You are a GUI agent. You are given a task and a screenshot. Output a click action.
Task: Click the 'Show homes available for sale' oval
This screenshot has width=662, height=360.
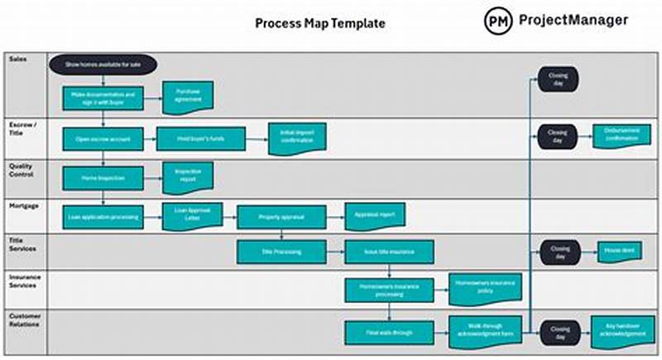click(x=103, y=64)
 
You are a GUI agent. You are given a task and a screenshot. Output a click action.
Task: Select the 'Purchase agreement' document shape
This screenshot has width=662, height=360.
click(x=188, y=97)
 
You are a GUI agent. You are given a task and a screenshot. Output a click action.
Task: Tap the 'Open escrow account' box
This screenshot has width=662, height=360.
click(x=103, y=138)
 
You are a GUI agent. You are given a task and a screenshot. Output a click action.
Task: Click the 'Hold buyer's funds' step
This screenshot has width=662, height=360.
click(x=201, y=138)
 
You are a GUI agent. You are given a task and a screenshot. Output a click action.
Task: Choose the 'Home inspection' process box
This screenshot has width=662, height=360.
click(x=103, y=177)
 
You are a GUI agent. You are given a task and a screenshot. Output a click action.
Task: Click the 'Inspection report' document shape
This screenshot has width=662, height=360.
click(x=188, y=176)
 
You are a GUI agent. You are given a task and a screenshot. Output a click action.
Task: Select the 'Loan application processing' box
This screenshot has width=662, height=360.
click(x=103, y=217)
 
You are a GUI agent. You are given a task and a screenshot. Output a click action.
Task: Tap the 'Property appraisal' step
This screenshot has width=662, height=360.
click(x=282, y=217)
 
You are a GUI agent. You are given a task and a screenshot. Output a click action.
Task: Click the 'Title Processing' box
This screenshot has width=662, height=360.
click(x=282, y=251)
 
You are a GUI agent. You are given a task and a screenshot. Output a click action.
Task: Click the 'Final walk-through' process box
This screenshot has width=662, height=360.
click(x=390, y=332)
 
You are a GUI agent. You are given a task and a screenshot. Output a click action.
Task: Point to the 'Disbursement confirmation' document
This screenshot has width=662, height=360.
click(x=621, y=136)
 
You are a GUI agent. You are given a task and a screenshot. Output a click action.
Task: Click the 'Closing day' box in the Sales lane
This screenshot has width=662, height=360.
click(x=559, y=79)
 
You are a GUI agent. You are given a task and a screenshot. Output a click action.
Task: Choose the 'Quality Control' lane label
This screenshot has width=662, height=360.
click(x=22, y=170)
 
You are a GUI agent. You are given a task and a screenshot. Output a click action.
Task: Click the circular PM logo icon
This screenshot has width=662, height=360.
click(x=498, y=21)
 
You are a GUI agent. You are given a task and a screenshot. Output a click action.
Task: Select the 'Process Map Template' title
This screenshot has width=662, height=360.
click(x=320, y=23)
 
